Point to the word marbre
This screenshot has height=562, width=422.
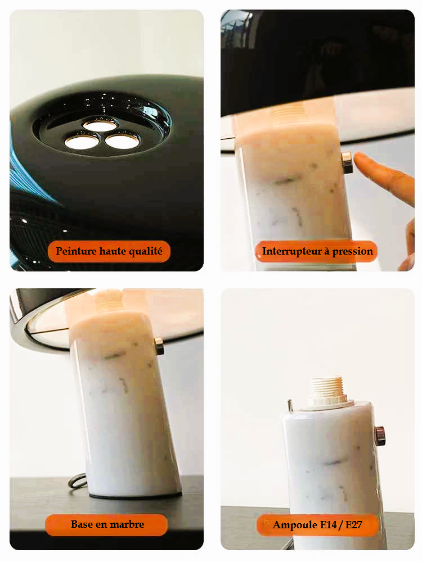tap(127, 524)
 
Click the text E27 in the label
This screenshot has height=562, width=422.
tap(353, 525)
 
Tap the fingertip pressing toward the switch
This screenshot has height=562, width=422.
tap(359, 158)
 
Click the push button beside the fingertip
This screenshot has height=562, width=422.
tap(347, 162)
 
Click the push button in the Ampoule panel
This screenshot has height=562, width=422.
tap(380, 436)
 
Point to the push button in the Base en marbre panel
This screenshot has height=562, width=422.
tap(159, 346)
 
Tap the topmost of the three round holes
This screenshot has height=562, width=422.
tap(100, 125)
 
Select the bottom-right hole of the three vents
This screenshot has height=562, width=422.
tap(122, 141)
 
